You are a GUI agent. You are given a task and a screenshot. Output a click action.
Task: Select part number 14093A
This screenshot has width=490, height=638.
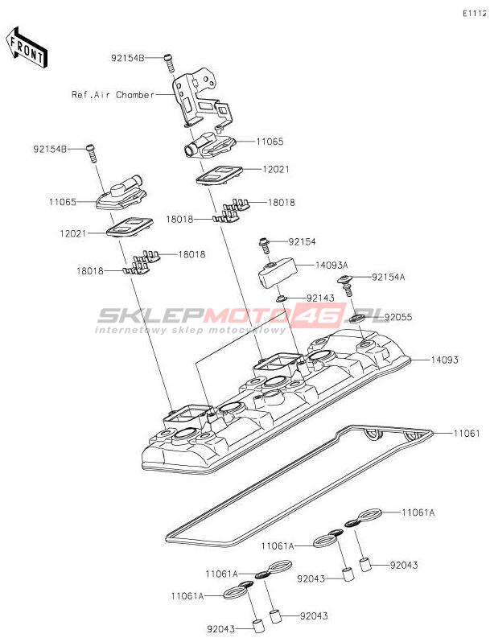pyautogui.click(x=331, y=265)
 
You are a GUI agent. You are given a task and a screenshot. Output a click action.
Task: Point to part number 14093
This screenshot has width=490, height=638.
pyautogui.click(x=444, y=360)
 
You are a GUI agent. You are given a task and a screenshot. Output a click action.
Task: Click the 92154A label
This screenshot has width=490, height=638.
pyautogui.click(x=388, y=277)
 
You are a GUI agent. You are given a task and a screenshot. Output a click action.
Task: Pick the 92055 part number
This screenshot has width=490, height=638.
pyautogui.click(x=397, y=318)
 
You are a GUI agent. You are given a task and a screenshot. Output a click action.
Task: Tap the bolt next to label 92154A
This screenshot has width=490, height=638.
pyautogui.click(x=348, y=282)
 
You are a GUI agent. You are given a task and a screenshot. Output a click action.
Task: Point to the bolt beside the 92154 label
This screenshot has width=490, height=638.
pyautogui.click(x=264, y=241)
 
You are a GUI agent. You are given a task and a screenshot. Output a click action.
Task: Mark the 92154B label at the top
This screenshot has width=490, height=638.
pyautogui.click(x=128, y=58)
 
